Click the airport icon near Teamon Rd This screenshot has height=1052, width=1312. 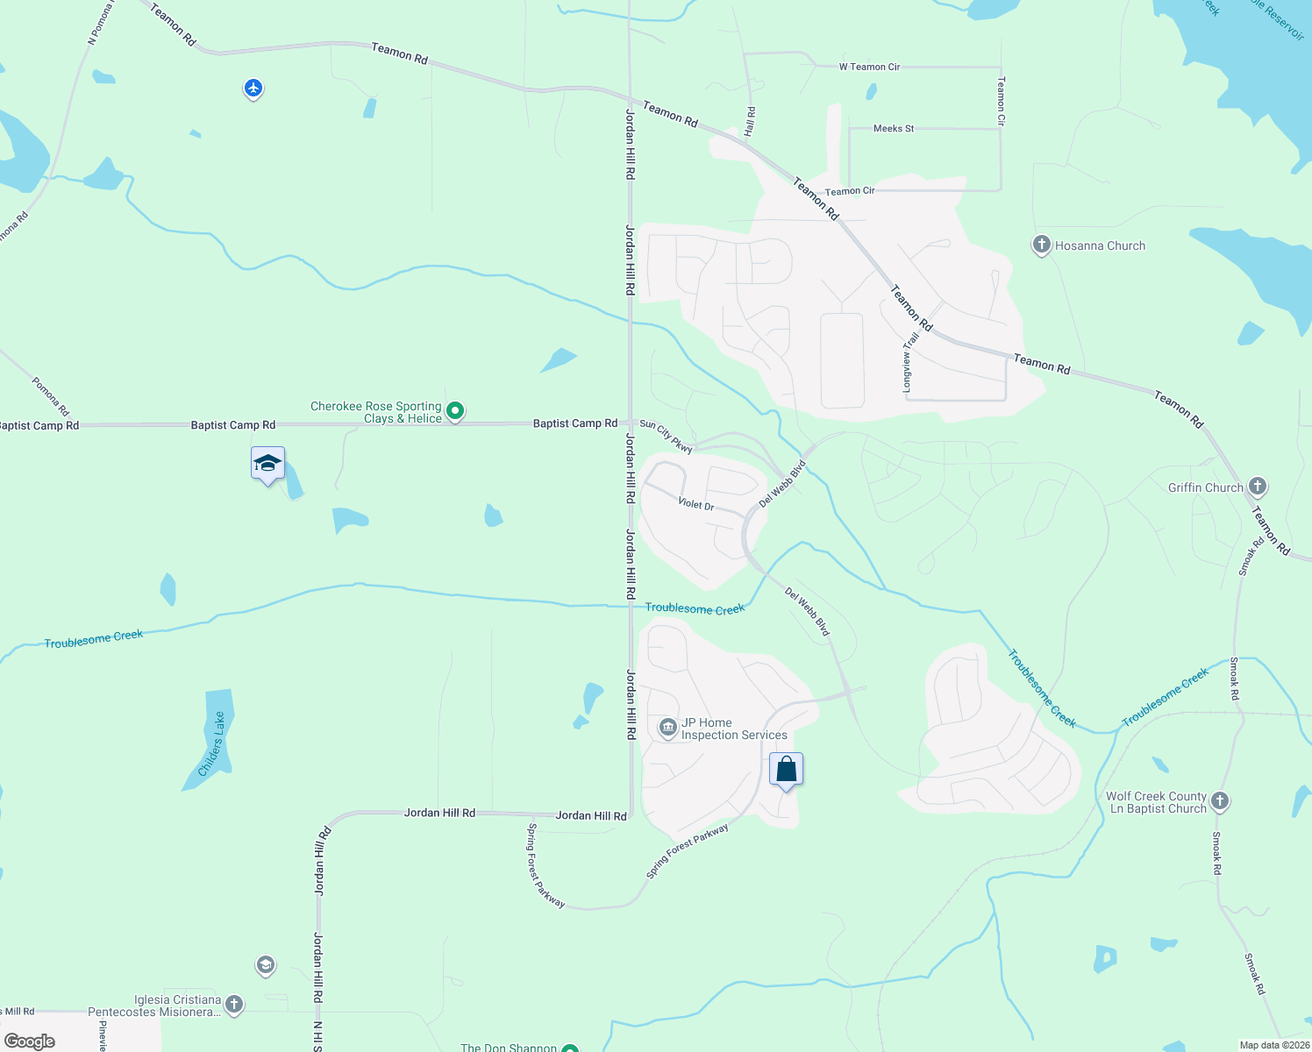pos(253,89)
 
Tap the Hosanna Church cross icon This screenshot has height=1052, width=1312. pos(1041,245)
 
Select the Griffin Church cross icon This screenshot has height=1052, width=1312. pos(1257,486)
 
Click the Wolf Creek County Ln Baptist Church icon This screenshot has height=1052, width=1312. pos(1220,800)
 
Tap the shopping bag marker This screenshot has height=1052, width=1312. pos(786,770)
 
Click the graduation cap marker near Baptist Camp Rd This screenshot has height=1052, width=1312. pos(267,464)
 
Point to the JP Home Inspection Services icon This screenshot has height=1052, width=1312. pos(668,728)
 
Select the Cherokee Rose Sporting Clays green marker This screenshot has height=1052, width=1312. pos(455,410)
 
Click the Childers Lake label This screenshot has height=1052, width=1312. pos(211,743)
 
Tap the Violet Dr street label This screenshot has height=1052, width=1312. pos(696,504)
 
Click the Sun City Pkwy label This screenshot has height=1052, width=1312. pos(667,436)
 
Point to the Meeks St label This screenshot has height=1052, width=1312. pos(894,129)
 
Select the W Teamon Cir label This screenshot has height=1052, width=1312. pos(869,67)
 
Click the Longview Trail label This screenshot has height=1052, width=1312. pos(909,361)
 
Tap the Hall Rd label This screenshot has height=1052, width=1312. pos(750,121)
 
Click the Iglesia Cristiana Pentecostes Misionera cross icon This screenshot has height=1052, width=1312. pos(234,1004)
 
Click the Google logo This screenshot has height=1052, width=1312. pos(30,1041)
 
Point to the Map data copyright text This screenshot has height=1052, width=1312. pos(1273,1045)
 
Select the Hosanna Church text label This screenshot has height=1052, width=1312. pos(1100,245)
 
